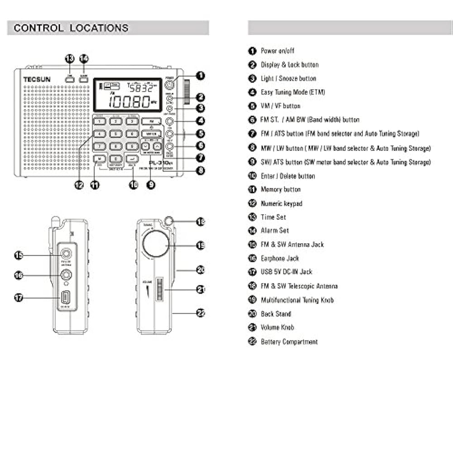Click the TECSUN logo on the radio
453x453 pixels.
point(37,80)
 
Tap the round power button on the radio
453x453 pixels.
point(169,84)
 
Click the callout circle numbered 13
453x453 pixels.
point(69,58)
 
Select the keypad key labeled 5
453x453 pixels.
point(116,134)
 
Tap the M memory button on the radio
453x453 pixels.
point(100,158)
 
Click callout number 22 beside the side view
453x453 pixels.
point(201,313)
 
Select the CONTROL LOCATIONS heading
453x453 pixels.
point(71,28)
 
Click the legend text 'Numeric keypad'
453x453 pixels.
point(281,203)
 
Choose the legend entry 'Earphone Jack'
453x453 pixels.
point(280,258)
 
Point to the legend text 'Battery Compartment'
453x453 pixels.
point(289,342)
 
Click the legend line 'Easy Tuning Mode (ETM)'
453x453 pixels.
point(293,92)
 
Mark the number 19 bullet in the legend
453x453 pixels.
point(252,300)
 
